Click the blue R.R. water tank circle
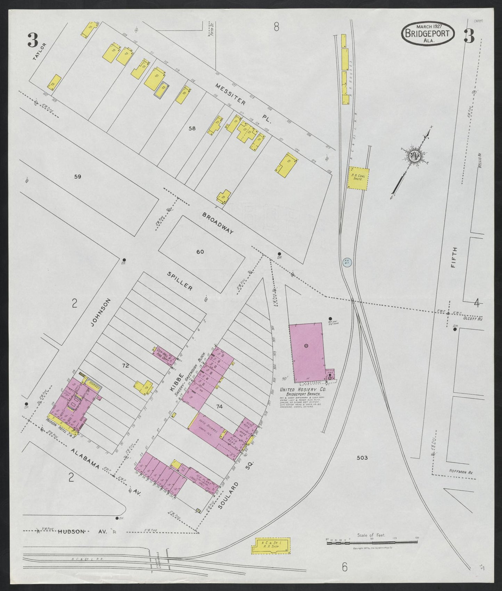pyautogui.click(x=346, y=262)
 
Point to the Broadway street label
pyautogui.click(x=218, y=223)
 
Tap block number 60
pyautogui.click(x=200, y=252)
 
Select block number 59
pyautogui.click(x=77, y=177)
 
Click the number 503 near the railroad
pyautogui.click(x=362, y=458)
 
